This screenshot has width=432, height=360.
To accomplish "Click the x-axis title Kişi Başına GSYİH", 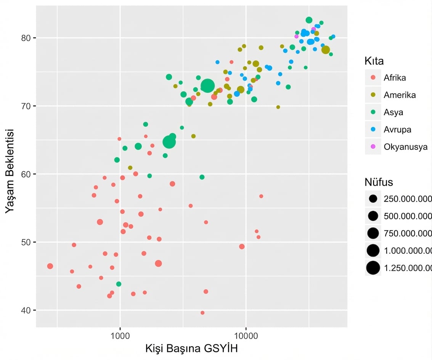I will tap(191, 349).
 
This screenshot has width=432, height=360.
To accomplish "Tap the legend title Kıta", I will tap(374, 61).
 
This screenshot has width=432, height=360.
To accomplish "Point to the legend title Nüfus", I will tap(378, 182).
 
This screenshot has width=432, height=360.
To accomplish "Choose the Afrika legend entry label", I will tap(395, 78).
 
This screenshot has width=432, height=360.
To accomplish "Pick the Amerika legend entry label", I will tap(400, 95).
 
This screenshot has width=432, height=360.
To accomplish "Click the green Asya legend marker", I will tap(373, 112).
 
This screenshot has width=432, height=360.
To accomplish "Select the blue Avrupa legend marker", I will tap(373, 129).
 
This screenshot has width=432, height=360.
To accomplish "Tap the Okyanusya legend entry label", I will tap(406, 146).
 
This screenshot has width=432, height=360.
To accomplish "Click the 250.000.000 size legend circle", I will tap(373, 199).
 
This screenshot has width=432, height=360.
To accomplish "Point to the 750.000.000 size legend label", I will tap(407, 233).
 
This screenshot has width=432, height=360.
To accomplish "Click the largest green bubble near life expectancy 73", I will tap(207, 86).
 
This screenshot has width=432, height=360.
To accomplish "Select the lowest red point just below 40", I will tap(202, 313).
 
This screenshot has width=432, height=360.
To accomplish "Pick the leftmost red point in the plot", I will tap(50, 266).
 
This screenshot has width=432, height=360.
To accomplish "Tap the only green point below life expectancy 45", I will tap(119, 284).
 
